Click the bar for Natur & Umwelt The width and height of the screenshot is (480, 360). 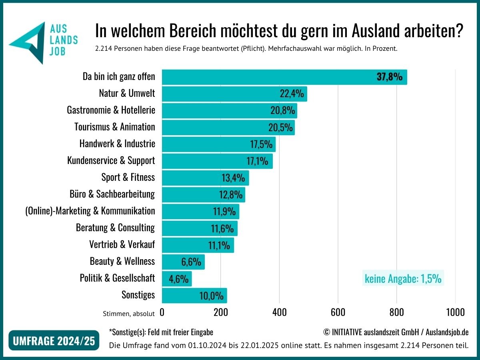point(234,94)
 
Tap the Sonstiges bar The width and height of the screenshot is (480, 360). point(194,296)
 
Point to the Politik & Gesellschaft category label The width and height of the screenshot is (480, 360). point(117,278)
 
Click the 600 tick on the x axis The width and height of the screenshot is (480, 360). point(338,312)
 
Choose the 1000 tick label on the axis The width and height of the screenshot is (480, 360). point(455,312)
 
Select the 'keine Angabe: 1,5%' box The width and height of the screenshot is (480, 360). point(403,278)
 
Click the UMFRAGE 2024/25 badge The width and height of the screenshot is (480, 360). point(54,341)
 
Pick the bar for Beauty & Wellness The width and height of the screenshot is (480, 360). point(183,262)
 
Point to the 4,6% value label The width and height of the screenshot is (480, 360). point(179,279)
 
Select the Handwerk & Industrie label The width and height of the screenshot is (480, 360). point(117,144)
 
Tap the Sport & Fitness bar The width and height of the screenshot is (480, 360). point(205,178)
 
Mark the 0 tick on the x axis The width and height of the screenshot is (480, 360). point(162,312)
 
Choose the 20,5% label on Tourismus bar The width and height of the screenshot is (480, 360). point(280,128)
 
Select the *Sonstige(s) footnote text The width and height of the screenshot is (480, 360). point(161,332)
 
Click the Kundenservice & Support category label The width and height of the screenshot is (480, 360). point(111,161)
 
